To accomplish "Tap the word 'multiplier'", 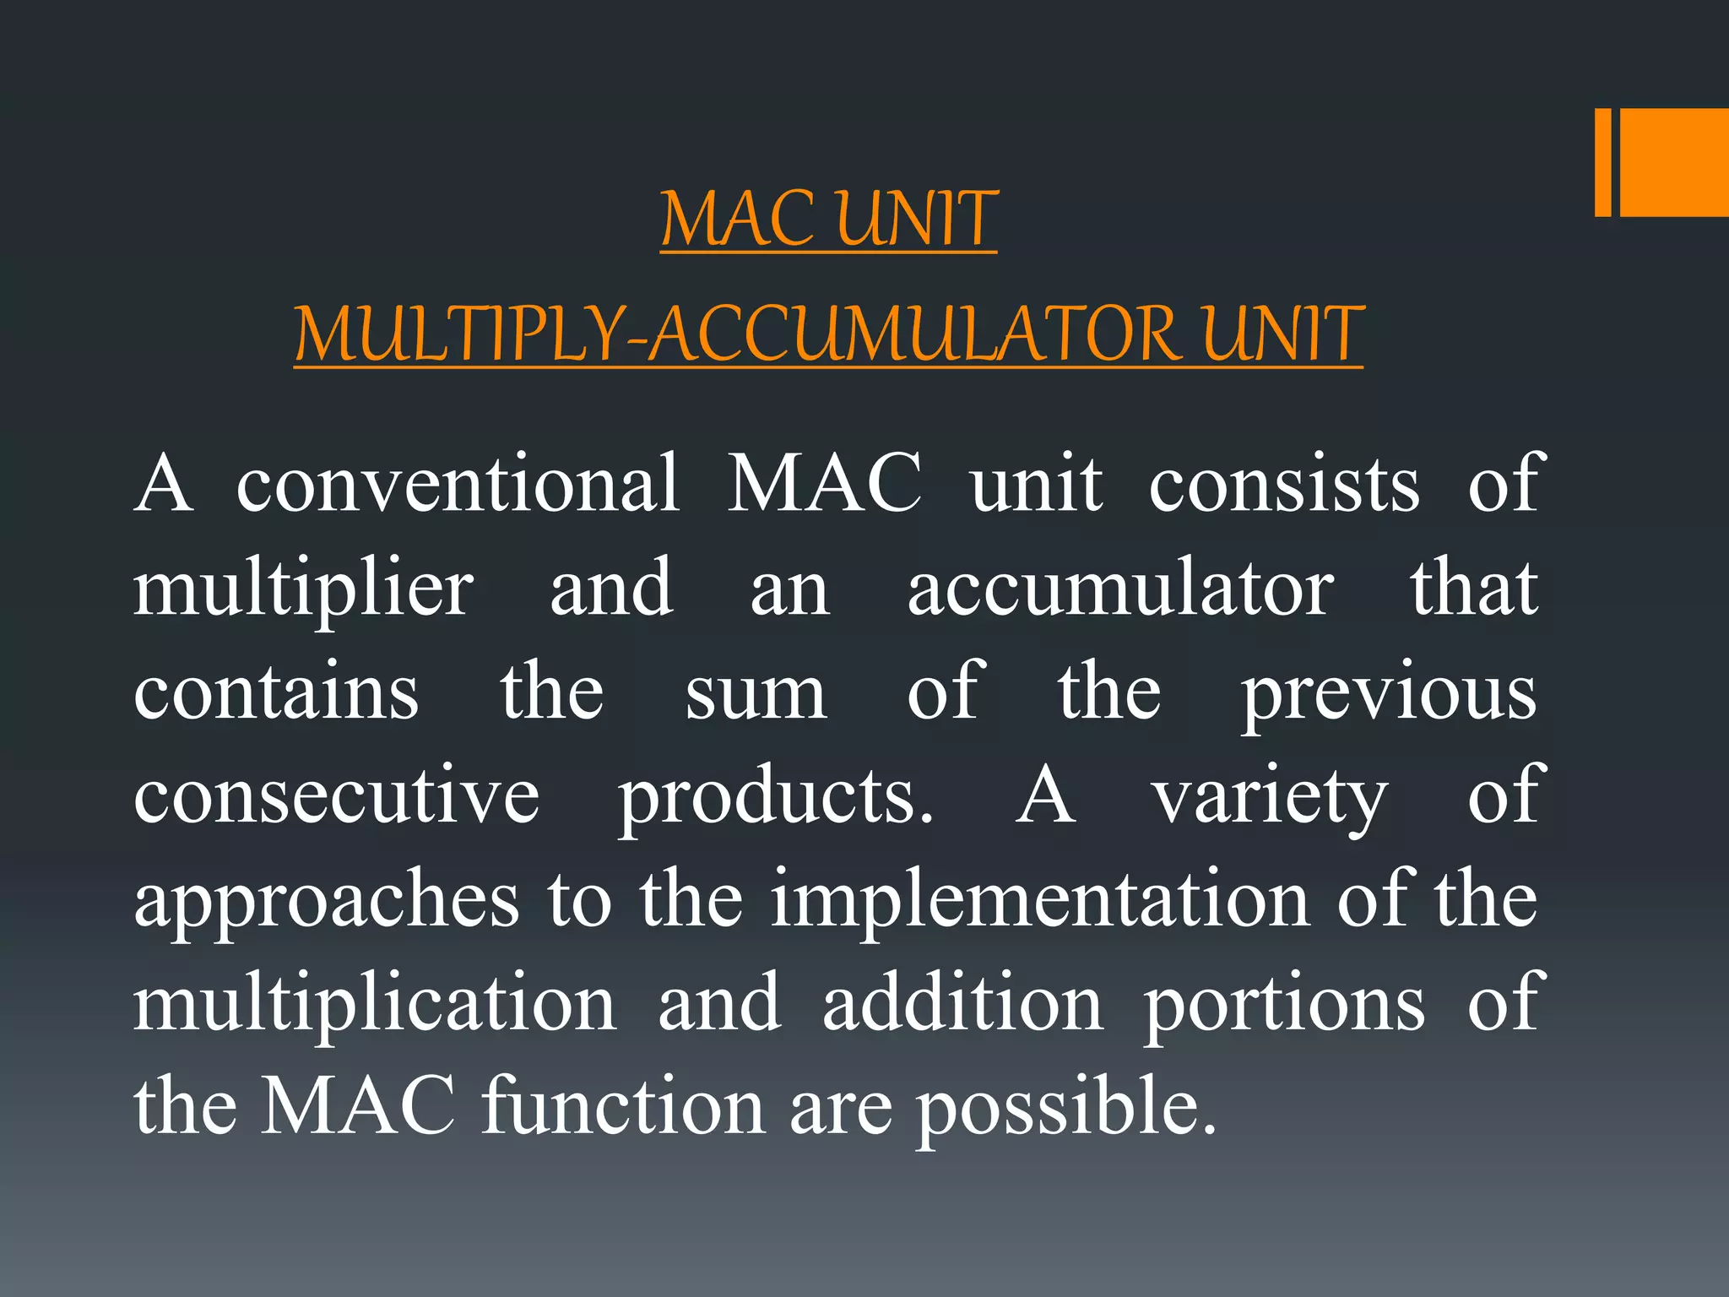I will click(x=304, y=589).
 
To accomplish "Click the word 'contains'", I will click(x=276, y=692).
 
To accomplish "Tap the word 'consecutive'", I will click(x=336, y=795).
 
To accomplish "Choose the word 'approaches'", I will click(x=326, y=902).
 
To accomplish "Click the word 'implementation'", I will click(x=1040, y=900).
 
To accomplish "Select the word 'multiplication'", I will click(x=375, y=1005).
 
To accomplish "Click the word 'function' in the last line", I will click(x=623, y=1106).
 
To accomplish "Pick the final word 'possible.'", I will click(x=1067, y=1108).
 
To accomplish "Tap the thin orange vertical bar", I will click(x=1602, y=162).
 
